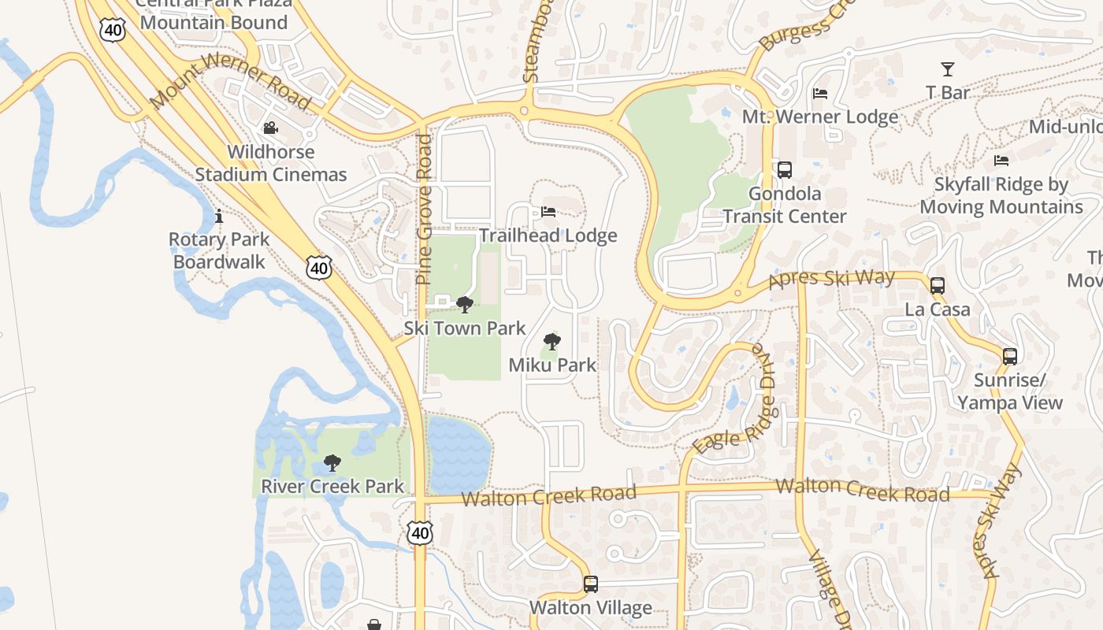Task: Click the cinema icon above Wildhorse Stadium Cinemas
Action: point(270,128)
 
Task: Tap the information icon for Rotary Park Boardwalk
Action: point(219,216)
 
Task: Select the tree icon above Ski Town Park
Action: point(465,305)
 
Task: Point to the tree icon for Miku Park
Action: point(552,342)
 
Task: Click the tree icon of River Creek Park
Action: point(332,463)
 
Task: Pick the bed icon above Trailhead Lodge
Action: point(548,212)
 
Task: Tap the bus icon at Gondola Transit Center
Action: point(785,169)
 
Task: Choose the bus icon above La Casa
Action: point(938,286)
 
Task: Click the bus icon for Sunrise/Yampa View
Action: point(1010,356)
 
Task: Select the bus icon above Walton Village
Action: point(591,584)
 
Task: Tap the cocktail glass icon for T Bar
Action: point(948,69)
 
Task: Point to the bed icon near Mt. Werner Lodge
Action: point(820,94)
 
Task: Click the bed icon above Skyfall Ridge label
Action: point(1001,161)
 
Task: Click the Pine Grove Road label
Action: point(425,209)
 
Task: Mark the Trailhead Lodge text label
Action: point(548,235)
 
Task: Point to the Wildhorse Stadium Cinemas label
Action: point(271,163)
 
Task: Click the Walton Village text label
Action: point(591,608)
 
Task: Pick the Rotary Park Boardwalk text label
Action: point(219,250)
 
